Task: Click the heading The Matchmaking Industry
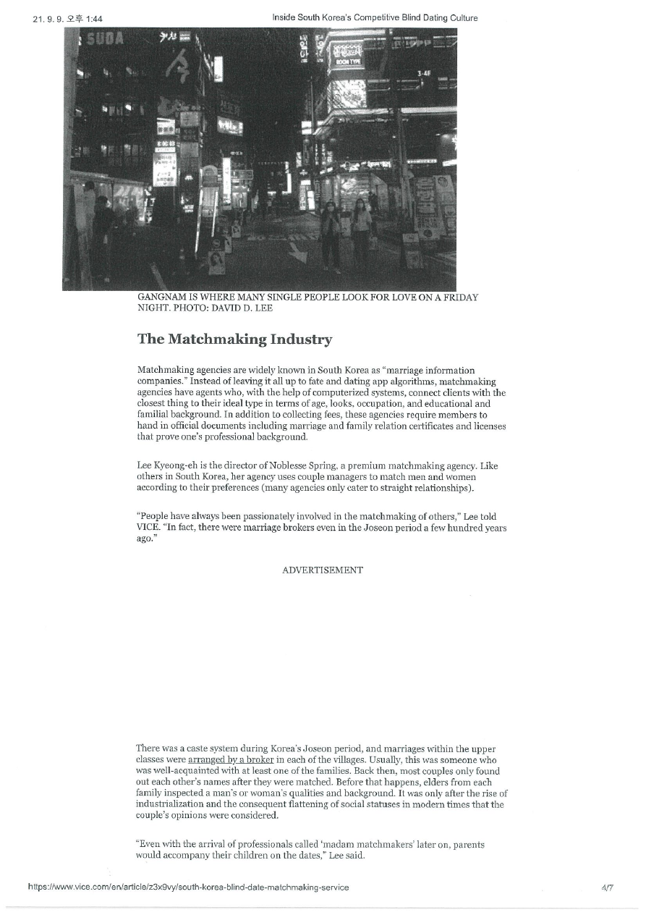[234, 339]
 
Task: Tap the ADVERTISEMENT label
[323, 570]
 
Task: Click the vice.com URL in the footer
[188, 887]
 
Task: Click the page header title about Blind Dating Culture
[375, 17]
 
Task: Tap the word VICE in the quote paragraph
[148, 528]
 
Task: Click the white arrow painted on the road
[297, 252]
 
